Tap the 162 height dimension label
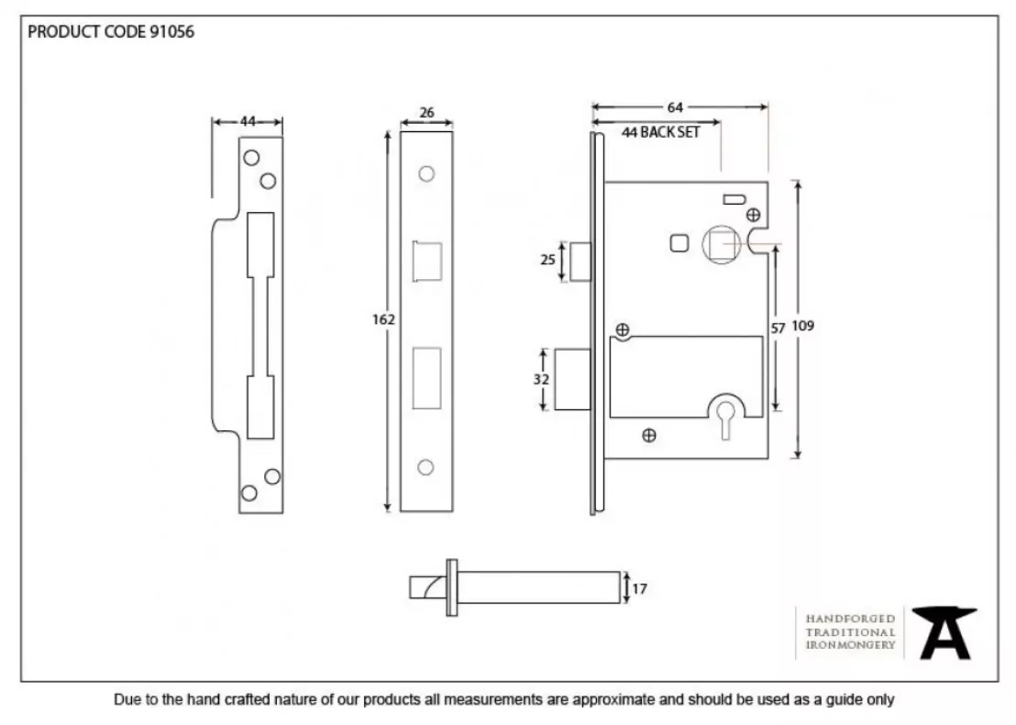(x=383, y=319)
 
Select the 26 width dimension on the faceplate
(x=426, y=114)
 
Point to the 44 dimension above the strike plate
(x=248, y=120)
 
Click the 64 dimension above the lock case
(x=676, y=107)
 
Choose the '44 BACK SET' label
(x=660, y=132)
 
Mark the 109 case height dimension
(x=804, y=326)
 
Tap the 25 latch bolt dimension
(x=547, y=260)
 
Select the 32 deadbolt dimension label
(x=542, y=379)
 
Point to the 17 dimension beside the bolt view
(x=639, y=589)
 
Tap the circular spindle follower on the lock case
(x=720, y=244)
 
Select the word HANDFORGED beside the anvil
(x=850, y=619)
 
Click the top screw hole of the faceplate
(x=425, y=173)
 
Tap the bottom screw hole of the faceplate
(x=425, y=467)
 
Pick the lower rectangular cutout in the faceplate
(x=425, y=376)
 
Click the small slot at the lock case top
(x=734, y=198)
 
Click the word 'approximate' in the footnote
(x=613, y=700)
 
